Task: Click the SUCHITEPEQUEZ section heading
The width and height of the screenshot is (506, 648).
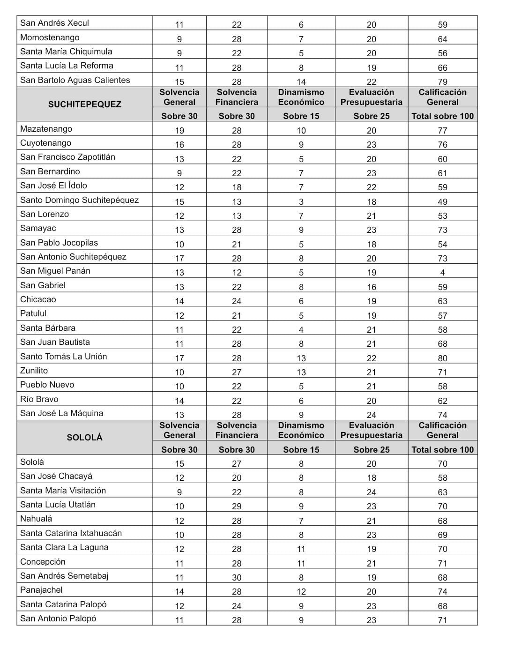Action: (x=84, y=104)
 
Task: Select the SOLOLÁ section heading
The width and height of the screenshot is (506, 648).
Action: (x=84, y=438)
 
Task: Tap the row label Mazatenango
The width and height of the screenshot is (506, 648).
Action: (x=46, y=129)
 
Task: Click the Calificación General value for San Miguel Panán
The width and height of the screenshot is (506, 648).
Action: (x=443, y=273)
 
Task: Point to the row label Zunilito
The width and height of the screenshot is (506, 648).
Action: (x=34, y=371)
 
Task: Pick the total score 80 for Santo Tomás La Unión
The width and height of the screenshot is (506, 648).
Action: (x=443, y=358)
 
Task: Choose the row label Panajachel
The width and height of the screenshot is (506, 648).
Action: (x=41, y=590)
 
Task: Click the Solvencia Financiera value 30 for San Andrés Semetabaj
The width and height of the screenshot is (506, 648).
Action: (x=237, y=578)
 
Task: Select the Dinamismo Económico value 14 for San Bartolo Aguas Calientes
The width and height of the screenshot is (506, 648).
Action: (x=301, y=82)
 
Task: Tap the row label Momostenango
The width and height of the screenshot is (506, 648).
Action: (x=50, y=37)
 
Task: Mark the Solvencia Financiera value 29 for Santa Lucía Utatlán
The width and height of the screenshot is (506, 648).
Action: (x=237, y=506)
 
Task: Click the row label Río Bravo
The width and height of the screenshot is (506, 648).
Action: (x=39, y=399)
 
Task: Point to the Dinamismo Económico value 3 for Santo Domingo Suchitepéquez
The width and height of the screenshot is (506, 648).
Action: (x=301, y=202)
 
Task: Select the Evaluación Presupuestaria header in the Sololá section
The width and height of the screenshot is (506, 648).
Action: (x=372, y=430)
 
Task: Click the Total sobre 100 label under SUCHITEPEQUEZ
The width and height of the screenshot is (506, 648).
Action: (x=443, y=116)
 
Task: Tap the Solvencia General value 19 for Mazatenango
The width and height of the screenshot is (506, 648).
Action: (x=179, y=131)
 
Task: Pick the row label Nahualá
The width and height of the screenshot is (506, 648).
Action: (x=36, y=519)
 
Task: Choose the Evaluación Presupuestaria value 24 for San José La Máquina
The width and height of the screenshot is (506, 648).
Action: (x=372, y=415)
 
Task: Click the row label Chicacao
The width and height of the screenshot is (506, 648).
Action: (x=38, y=299)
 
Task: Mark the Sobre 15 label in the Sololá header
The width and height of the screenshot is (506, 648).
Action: (x=301, y=450)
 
